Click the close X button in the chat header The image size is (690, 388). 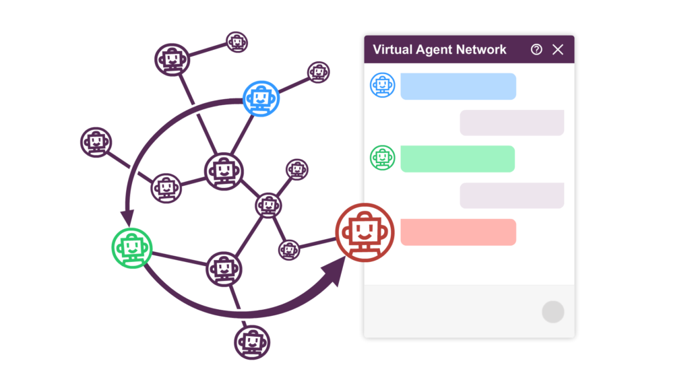pos(557,49)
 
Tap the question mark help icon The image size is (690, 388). pos(536,49)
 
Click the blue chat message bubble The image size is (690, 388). pos(458,86)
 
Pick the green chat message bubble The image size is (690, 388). pos(458,158)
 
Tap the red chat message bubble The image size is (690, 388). pos(458,232)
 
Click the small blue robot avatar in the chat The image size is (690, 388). pos(382,85)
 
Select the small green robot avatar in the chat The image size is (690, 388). pos(382,158)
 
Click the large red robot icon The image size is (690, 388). pos(365,232)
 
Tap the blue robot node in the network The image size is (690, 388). pos(261,98)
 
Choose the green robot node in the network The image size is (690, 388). pos(132,248)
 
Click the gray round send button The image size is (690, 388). pos(553,312)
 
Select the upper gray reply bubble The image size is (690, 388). pos(512,123)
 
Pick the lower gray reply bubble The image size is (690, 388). pos(512,195)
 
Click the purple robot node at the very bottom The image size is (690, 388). pos(252,342)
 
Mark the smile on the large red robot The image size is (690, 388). pos(365,236)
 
